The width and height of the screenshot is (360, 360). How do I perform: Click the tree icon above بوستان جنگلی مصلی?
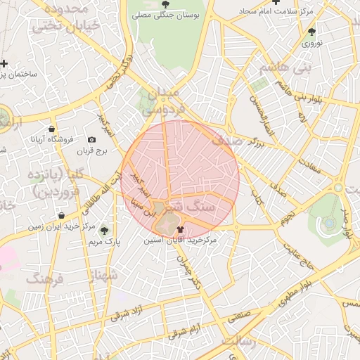click(x=165, y=4)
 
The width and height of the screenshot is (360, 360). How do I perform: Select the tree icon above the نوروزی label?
click(x=311, y=32)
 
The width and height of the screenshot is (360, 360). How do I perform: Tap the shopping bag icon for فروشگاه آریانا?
click(x=53, y=129)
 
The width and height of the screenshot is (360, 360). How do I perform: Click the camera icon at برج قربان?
click(x=91, y=140)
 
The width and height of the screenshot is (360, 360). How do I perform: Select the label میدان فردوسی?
click(x=162, y=101)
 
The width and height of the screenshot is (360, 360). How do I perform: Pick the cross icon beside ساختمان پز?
click(x=4, y=63)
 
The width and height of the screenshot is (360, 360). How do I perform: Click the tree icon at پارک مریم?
click(x=105, y=230)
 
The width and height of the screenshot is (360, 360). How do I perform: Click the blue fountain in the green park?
click(x=328, y=224)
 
